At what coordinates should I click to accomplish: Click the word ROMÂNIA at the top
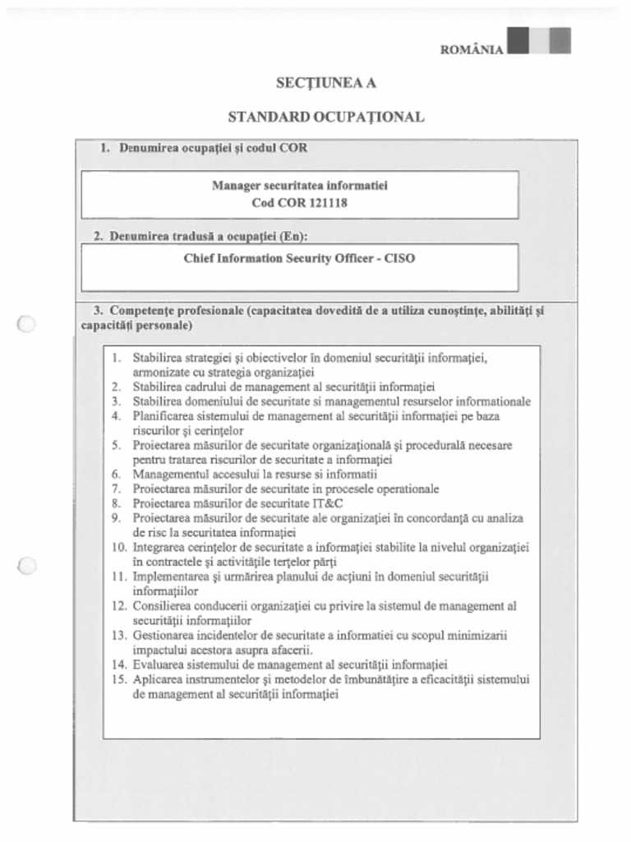472,49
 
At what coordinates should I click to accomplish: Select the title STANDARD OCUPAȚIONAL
326,117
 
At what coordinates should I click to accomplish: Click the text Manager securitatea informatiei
300,185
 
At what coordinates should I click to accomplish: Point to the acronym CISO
400,257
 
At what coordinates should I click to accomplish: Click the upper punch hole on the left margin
26,324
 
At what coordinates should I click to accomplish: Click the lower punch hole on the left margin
26,565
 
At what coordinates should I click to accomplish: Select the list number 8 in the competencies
116,503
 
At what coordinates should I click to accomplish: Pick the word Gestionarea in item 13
163,636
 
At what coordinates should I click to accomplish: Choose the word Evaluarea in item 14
158,664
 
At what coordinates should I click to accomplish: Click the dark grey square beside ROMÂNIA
518,39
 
